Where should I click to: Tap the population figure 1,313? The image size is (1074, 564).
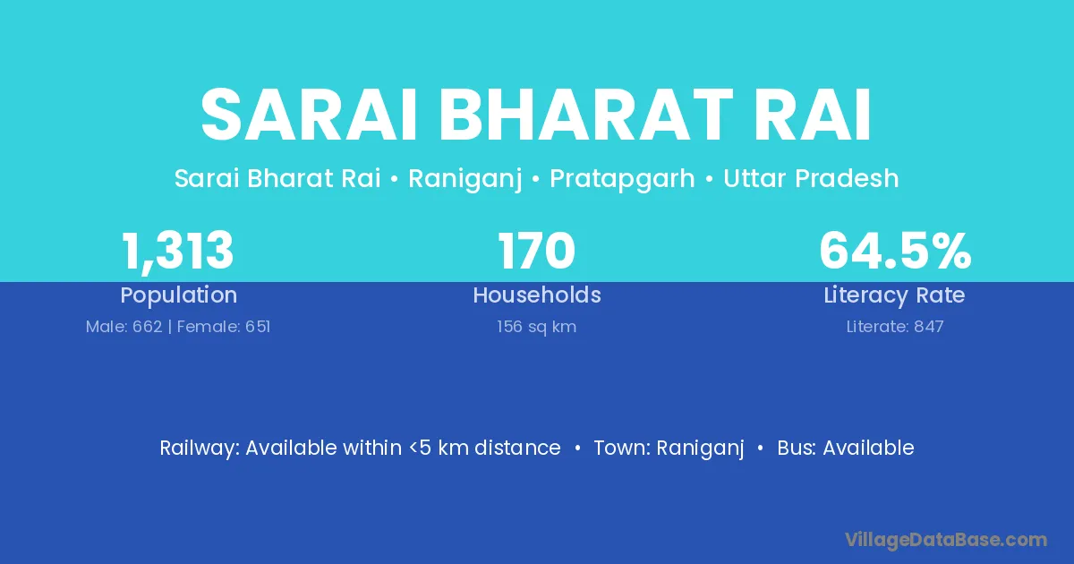(178, 252)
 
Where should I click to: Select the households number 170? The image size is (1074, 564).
(536, 251)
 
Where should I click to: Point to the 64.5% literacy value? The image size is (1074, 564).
(895, 251)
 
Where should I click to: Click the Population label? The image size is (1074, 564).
(179, 295)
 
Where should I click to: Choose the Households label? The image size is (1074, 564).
(537, 295)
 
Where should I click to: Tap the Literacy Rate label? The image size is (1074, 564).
(895, 295)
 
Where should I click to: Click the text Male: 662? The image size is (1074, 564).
(124, 327)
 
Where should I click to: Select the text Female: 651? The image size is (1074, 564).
(224, 327)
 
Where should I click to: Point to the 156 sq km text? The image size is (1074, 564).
(536, 327)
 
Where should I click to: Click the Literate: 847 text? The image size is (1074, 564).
(895, 327)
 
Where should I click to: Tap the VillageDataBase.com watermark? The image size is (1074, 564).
(946, 540)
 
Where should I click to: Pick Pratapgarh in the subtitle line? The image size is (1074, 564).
(622, 179)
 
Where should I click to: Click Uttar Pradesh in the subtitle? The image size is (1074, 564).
(811, 178)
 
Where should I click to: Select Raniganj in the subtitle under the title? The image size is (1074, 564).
(465, 179)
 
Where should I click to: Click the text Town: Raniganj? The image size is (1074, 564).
(669, 449)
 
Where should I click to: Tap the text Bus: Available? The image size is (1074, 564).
(846, 448)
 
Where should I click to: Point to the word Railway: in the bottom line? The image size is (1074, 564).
(200, 449)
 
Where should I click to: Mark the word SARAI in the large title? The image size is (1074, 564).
(308, 115)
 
